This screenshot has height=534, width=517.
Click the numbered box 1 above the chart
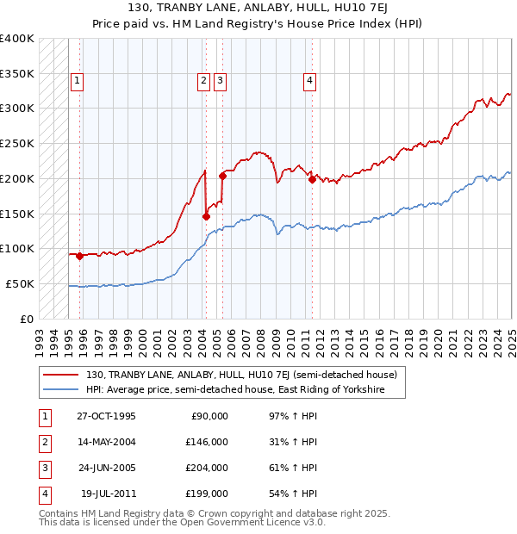click(x=77, y=82)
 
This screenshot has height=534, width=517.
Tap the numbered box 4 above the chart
click(x=308, y=82)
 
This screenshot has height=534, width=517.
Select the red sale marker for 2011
click(x=311, y=180)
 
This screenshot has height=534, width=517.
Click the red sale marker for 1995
click(x=79, y=256)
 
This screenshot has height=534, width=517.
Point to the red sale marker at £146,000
click(x=207, y=216)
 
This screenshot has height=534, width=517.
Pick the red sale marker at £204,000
click(x=222, y=176)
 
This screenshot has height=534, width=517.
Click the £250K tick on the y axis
click(x=17, y=143)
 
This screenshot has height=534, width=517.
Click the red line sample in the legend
click(x=61, y=376)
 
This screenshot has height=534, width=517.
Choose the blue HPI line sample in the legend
click(x=61, y=390)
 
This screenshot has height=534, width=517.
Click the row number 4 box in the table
click(x=44, y=494)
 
